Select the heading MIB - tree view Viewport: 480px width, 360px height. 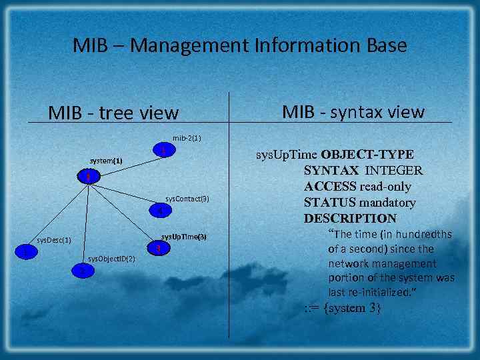coord(113,113)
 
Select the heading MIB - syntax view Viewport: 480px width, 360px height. coord(353,111)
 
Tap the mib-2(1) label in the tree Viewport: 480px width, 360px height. coord(187,138)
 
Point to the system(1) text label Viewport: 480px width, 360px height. coord(106,161)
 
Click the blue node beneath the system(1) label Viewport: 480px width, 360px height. coord(87,177)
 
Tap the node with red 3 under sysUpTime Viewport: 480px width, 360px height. coord(158,249)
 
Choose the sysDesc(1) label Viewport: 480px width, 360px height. coord(54,239)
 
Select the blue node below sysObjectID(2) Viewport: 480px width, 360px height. coord(81,271)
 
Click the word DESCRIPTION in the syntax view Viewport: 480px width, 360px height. coord(350,218)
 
